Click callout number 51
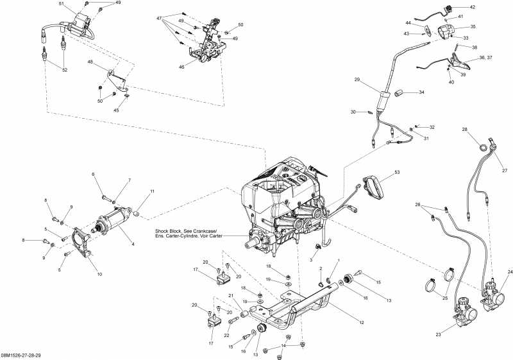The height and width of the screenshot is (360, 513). [62, 4]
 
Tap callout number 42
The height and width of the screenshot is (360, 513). [473, 7]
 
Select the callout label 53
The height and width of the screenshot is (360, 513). [397, 173]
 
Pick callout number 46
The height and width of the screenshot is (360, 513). [181, 66]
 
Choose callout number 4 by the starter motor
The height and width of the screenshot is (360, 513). [132, 244]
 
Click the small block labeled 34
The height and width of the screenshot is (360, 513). [398, 92]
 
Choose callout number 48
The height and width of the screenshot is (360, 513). [90, 62]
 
